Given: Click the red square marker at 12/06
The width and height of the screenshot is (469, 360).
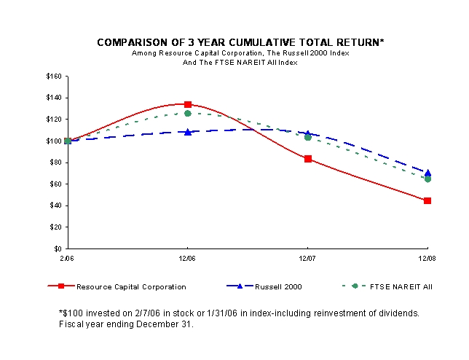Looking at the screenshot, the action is click(x=188, y=104).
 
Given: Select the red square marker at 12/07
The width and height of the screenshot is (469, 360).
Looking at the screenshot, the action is click(x=308, y=159).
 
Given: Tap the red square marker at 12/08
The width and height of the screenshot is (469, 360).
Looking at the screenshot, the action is click(x=427, y=200).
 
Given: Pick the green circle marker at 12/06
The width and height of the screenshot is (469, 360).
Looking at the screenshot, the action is click(x=188, y=114).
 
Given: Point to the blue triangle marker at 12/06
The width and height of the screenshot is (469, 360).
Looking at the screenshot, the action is click(x=188, y=132).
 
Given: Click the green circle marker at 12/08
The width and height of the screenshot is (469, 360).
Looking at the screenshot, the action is click(x=427, y=179).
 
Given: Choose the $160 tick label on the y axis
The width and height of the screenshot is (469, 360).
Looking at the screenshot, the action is click(x=54, y=77).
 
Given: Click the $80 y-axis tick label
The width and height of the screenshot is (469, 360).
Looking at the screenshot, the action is click(x=55, y=163).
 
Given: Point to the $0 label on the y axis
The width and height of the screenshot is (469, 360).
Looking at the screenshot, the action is click(x=58, y=249).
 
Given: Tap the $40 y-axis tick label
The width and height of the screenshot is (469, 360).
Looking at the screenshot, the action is click(x=55, y=206).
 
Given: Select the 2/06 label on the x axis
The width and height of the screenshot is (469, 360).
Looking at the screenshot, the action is click(x=67, y=258).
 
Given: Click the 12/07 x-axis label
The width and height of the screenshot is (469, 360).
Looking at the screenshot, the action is click(x=307, y=258).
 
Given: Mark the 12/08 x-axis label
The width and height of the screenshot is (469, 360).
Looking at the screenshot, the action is click(x=427, y=258).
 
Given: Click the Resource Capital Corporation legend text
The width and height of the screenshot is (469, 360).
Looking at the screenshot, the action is click(x=131, y=286).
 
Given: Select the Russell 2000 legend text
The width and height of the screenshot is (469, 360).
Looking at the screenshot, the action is click(x=278, y=286).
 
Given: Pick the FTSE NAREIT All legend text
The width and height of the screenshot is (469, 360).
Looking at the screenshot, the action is click(x=401, y=286).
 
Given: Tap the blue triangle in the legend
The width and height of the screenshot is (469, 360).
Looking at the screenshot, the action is click(x=240, y=286).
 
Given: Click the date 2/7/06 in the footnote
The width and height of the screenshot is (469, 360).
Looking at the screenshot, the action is click(x=147, y=313).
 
